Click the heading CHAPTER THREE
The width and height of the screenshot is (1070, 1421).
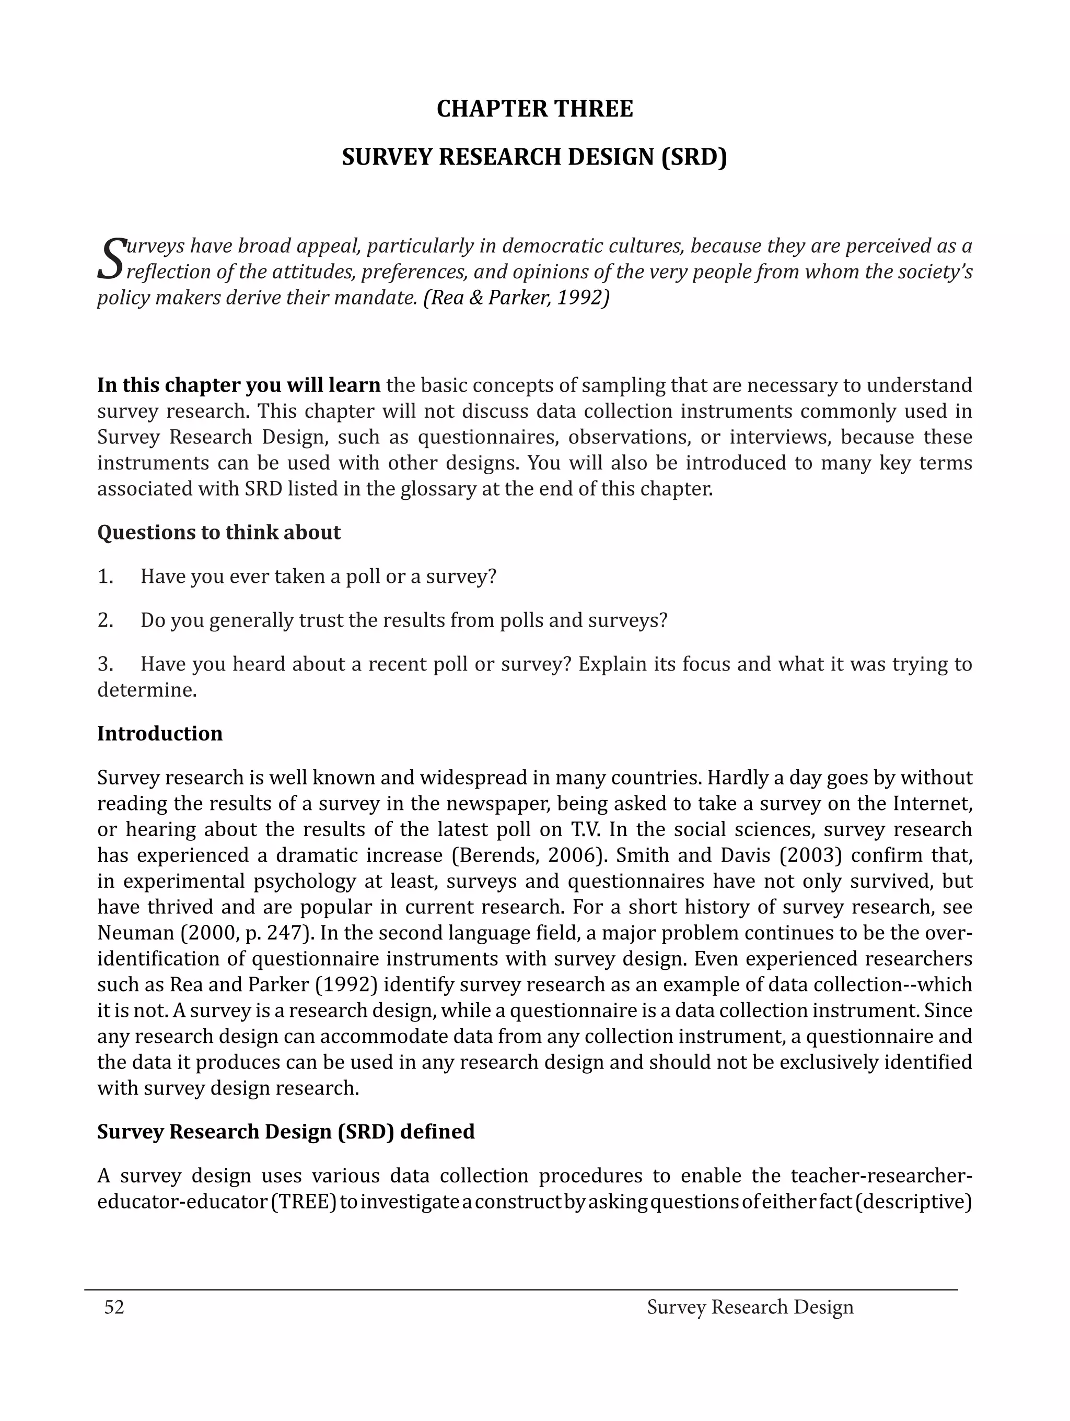(x=534, y=109)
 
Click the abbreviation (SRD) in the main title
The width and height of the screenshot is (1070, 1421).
(x=694, y=157)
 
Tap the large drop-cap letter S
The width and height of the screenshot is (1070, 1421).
(x=110, y=259)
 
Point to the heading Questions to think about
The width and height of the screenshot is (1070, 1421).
(x=218, y=532)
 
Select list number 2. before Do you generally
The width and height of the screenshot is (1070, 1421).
(x=106, y=620)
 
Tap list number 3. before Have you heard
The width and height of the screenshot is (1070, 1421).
(x=106, y=664)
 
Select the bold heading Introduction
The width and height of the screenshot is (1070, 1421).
(x=159, y=734)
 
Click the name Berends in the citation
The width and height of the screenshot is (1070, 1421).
(x=491, y=855)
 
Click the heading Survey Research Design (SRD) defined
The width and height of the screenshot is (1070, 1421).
(x=285, y=1131)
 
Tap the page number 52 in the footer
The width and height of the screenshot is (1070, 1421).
(x=114, y=1307)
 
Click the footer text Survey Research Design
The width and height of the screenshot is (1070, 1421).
(x=750, y=1307)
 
